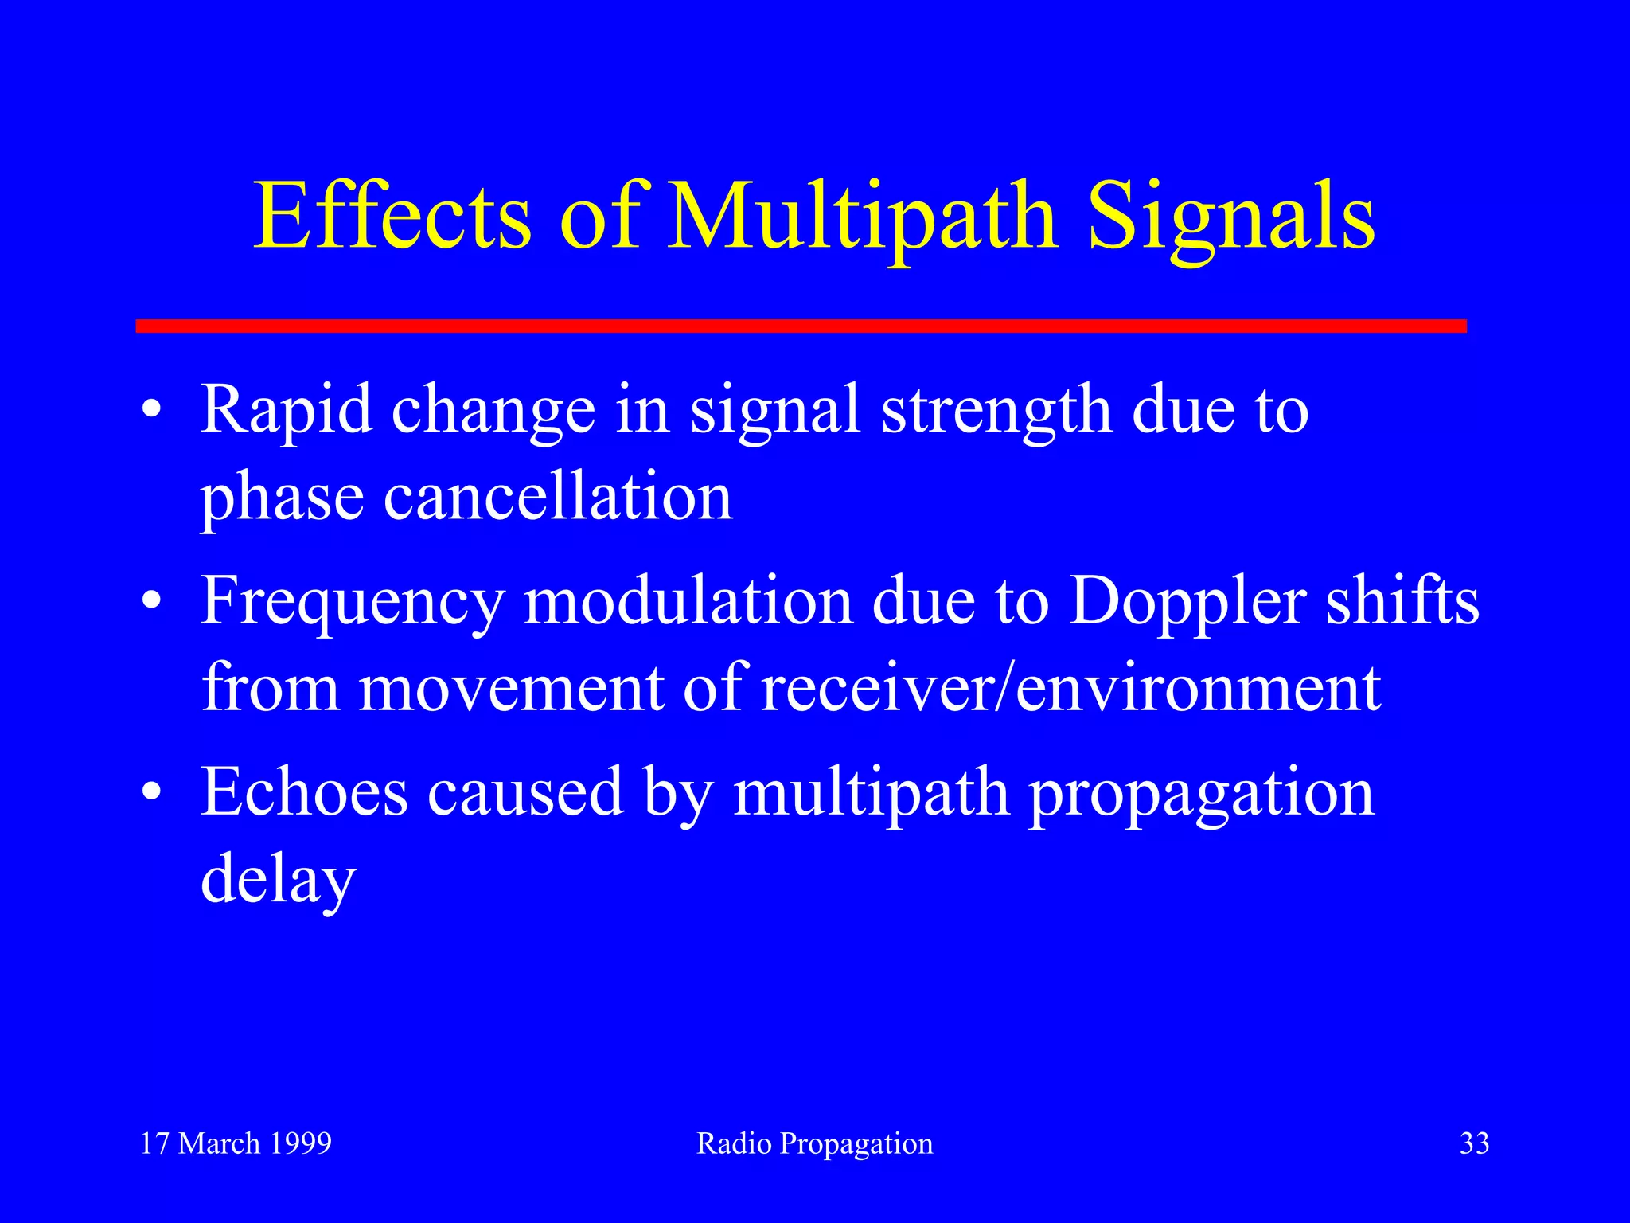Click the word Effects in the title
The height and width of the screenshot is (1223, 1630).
tap(392, 217)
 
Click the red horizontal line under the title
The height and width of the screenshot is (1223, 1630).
tap(801, 326)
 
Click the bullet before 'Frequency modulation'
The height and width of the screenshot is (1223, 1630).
tap(151, 603)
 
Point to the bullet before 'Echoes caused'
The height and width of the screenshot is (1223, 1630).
tap(151, 794)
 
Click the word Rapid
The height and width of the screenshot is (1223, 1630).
tap(286, 410)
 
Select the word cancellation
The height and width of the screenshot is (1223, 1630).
tap(557, 498)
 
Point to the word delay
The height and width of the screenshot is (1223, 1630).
tap(277, 880)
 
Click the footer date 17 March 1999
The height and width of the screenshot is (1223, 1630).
tap(236, 1143)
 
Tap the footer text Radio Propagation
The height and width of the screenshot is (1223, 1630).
tap(814, 1144)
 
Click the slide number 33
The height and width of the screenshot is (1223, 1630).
tap(1474, 1143)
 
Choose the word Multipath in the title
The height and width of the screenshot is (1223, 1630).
tap(863, 217)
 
